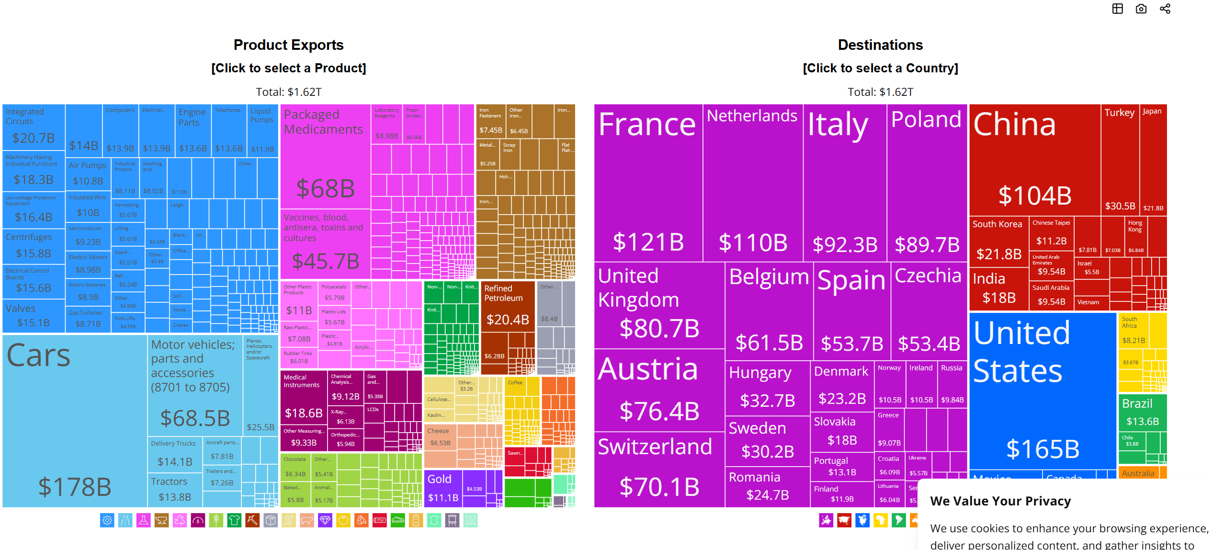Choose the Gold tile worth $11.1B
coord(443,488)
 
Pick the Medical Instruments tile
coord(304,397)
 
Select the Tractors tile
coord(175,489)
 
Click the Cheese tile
coord(440,436)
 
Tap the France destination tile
coord(648,183)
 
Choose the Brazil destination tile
coord(1142,412)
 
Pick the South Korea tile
coord(998,240)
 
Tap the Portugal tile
coord(842,466)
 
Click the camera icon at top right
coord(1141,9)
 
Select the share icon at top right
coord(1165,9)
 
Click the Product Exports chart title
coord(288,45)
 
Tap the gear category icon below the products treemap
coord(107,520)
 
